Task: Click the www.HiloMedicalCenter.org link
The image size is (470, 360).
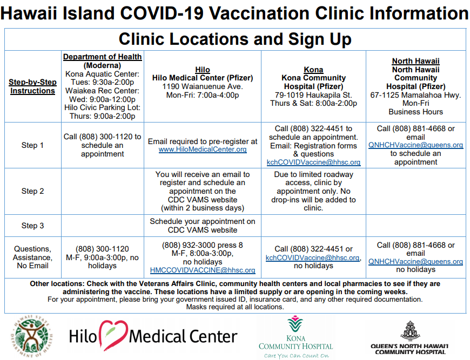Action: [203, 149]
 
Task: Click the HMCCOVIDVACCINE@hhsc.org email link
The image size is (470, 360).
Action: [203, 270]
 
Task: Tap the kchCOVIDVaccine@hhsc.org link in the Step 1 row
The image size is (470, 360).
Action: [313, 162]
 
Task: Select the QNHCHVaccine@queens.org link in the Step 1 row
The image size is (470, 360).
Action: [416, 145]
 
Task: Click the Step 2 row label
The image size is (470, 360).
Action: [32, 191]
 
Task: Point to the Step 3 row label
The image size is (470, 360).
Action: [32, 226]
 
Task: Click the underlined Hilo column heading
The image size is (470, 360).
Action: [203, 70]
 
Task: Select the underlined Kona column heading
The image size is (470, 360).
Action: [313, 70]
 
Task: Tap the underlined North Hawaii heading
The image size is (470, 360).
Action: [416, 61]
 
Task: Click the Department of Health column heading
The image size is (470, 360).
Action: [102, 57]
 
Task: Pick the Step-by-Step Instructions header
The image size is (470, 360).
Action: [32, 86]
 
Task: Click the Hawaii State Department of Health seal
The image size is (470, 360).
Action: [32, 336]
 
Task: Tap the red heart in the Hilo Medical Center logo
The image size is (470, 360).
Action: [113, 335]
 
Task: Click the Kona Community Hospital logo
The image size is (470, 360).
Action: [296, 337]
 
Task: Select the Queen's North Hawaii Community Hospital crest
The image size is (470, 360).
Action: [409, 330]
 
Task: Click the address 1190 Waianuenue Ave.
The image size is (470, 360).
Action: [203, 86]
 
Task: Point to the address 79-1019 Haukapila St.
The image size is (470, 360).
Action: [313, 95]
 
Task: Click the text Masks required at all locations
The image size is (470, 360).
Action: [235, 307]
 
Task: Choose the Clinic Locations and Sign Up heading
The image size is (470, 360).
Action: [235, 39]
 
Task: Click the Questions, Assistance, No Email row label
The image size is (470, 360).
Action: [32, 257]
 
